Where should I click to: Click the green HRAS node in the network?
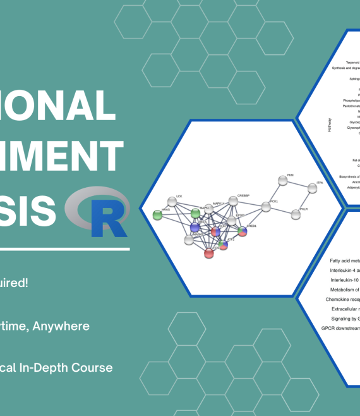click(x=158, y=216)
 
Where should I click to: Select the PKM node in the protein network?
click(x=282, y=181)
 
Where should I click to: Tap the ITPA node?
click(x=312, y=188)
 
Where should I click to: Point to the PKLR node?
click(x=295, y=215)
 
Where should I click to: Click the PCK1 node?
click(x=266, y=206)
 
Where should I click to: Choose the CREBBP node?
click(x=234, y=201)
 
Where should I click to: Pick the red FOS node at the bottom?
click(x=209, y=254)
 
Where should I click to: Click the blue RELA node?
click(x=196, y=227)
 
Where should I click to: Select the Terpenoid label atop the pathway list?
click(x=353, y=63)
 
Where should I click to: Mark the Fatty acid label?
click(x=345, y=260)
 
